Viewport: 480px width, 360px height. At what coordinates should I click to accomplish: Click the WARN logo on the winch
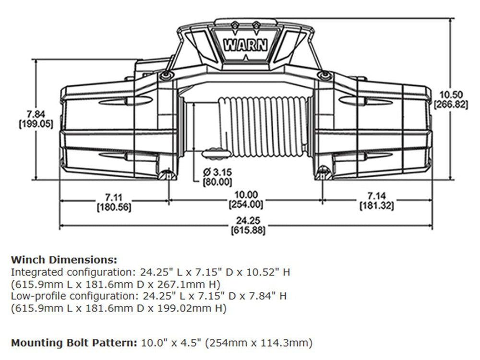point(245,46)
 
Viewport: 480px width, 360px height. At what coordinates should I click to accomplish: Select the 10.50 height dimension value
point(450,95)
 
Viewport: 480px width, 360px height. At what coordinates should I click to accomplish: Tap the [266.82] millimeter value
point(450,104)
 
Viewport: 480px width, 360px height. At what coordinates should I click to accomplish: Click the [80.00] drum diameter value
point(217,182)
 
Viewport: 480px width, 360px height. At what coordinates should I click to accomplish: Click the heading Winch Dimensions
point(63,260)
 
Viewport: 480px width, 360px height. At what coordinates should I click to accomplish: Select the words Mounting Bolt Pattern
point(74,343)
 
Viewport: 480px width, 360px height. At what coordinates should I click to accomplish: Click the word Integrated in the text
point(31,272)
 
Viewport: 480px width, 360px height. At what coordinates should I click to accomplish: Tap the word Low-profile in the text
point(33,296)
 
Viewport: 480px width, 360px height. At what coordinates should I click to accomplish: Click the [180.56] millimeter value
point(114,207)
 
